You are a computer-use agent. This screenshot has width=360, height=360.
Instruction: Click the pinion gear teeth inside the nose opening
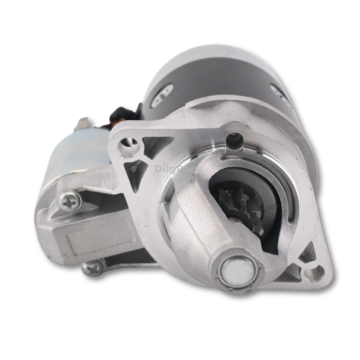(242, 206)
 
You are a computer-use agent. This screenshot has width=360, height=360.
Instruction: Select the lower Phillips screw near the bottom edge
(93, 268)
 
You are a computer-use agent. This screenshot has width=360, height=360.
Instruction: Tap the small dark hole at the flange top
(235, 137)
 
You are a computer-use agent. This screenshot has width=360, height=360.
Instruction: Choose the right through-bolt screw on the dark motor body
(281, 94)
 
